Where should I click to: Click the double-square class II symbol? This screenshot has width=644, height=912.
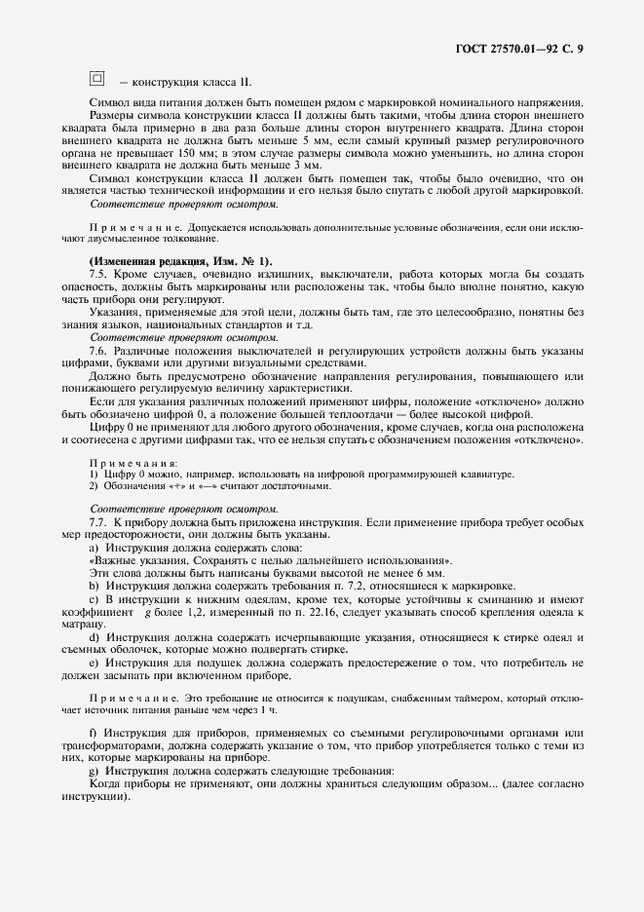pos(96,78)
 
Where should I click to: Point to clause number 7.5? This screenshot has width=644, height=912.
pos(98,276)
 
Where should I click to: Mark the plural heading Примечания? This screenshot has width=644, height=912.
pos(133,463)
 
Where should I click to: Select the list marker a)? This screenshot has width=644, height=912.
pos(94,549)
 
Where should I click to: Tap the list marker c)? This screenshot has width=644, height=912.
pos(94,600)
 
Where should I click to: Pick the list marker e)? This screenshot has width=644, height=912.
pos(94,663)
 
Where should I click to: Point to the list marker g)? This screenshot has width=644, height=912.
pos(94,770)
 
